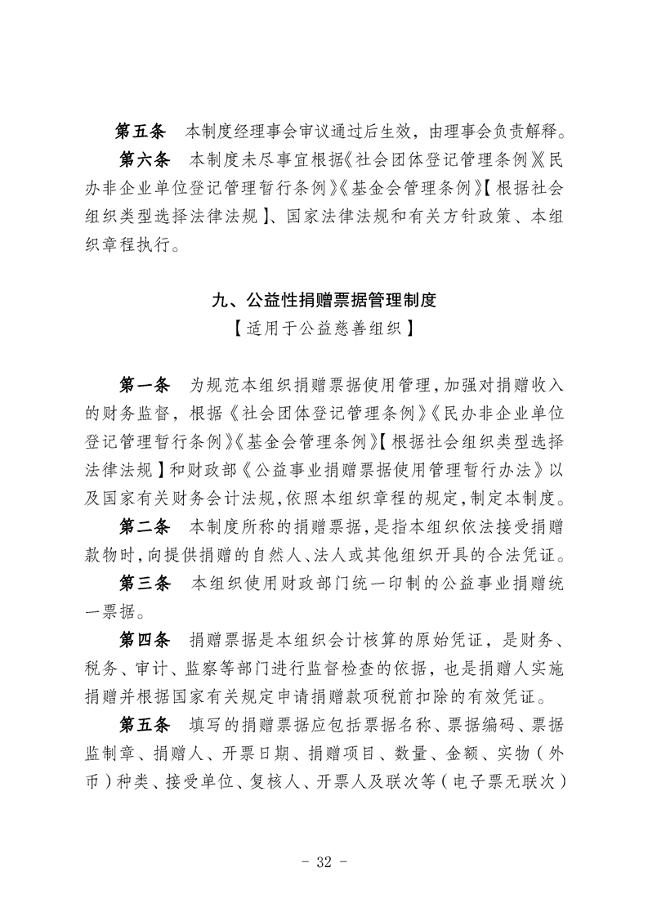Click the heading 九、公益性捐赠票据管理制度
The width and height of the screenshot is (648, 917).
324,301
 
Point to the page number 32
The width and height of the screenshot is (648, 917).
324,861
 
